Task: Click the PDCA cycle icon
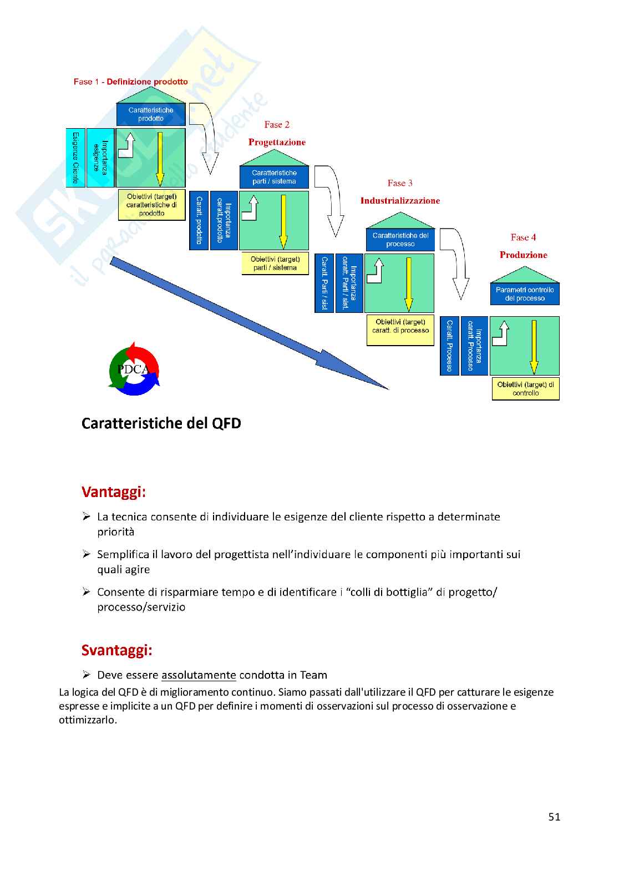pos(134,369)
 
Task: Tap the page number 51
pos(554,817)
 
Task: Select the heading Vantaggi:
pos(114,492)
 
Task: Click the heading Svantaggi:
pos(116,650)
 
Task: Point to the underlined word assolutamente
pos(199,675)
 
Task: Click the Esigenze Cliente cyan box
pos(75,158)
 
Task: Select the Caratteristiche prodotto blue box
pos(151,114)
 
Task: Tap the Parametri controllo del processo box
pos(525,294)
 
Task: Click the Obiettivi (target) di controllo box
pos(525,389)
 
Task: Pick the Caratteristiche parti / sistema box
pos(274,177)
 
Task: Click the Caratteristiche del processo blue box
pos(400,240)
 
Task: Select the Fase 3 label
pos(400,183)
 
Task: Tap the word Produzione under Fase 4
pos(523,255)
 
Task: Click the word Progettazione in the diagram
pos(277,143)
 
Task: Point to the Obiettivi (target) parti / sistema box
pos(275,264)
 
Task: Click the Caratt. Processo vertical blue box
pos(449,346)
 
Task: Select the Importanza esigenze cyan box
pos(100,158)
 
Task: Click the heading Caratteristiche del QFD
pos(161,423)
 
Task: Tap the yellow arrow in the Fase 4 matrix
pos(534,347)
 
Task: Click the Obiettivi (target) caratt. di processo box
pos(400,330)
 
